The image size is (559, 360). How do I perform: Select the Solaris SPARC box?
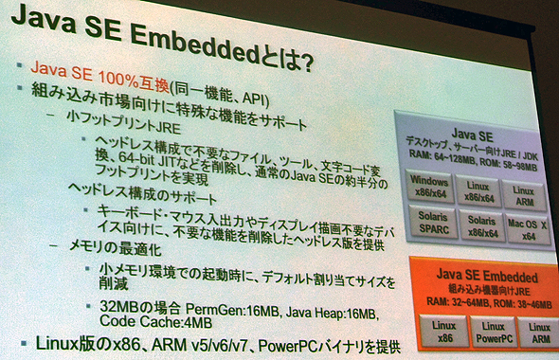click(x=432, y=224)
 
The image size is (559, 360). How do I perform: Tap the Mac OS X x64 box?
click(x=527, y=230)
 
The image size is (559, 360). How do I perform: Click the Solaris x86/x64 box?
click(x=480, y=226)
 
